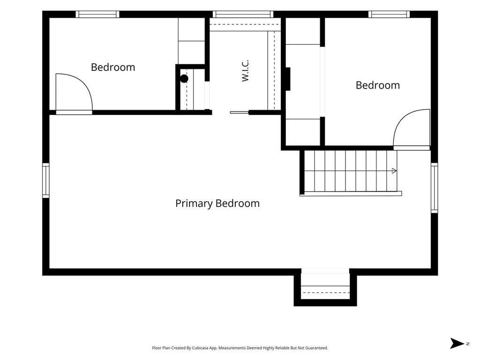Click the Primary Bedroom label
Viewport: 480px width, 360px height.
[x=217, y=203]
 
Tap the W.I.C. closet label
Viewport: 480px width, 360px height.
[x=245, y=71]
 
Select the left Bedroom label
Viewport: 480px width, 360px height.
[x=113, y=67]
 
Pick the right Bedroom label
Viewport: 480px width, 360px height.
[x=378, y=85]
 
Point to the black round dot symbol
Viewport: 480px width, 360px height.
[x=184, y=79]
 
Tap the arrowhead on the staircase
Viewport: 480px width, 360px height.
[x=394, y=171]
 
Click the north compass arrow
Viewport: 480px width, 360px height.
[x=457, y=343]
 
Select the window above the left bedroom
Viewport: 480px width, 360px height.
[x=97, y=14]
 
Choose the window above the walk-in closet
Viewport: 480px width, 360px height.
[x=243, y=14]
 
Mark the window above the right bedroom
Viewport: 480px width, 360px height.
[x=389, y=14]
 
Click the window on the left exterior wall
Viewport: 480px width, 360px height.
[x=45, y=180]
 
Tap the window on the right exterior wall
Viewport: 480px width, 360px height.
[x=435, y=187]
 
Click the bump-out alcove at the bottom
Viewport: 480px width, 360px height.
[x=325, y=287]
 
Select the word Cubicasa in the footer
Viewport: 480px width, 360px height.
[x=201, y=348]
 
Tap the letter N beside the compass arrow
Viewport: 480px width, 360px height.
[x=467, y=344]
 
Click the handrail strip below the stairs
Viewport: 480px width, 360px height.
[x=351, y=194]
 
